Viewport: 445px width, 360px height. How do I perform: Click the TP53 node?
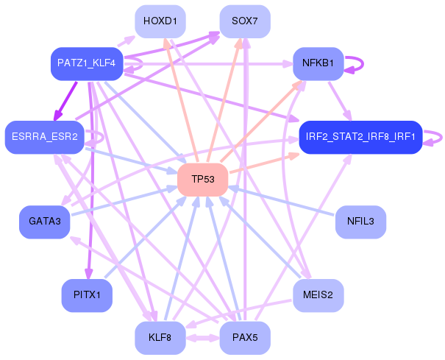[202, 180]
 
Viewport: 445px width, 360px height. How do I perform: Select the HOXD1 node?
[160, 21]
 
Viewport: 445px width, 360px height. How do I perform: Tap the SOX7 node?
[245, 21]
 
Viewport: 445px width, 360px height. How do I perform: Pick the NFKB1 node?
[318, 64]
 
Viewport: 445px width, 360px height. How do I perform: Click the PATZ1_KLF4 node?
[87, 64]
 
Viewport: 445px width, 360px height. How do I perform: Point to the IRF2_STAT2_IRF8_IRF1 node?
[360, 137]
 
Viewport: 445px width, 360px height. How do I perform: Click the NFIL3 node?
[360, 222]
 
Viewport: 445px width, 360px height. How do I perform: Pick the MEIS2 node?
[318, 295]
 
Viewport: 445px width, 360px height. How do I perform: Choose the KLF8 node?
[160, 338]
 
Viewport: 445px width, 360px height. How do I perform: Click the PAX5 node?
[245, 338]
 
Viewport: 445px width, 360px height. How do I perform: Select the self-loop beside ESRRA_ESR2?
[96, 137]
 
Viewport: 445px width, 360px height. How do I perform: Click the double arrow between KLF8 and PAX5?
[202, 339]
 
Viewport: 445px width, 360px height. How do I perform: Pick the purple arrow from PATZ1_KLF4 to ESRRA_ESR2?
[65, 99]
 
